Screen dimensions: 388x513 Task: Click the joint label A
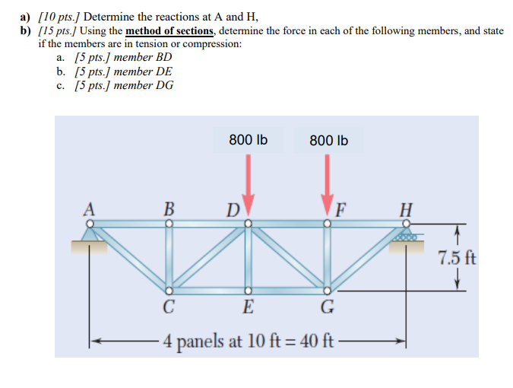(90, 207)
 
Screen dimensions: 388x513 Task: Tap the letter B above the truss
(169, 207)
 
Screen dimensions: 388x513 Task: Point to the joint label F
(340, 208)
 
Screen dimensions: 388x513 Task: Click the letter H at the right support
(407, 208)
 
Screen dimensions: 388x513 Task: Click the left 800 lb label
(248, 140)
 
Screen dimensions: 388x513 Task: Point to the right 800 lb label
(329, 141)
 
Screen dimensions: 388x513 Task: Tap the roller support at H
(407, 237)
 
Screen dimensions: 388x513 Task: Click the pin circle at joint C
(169, 291)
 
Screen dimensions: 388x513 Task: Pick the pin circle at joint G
(328, 291)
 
